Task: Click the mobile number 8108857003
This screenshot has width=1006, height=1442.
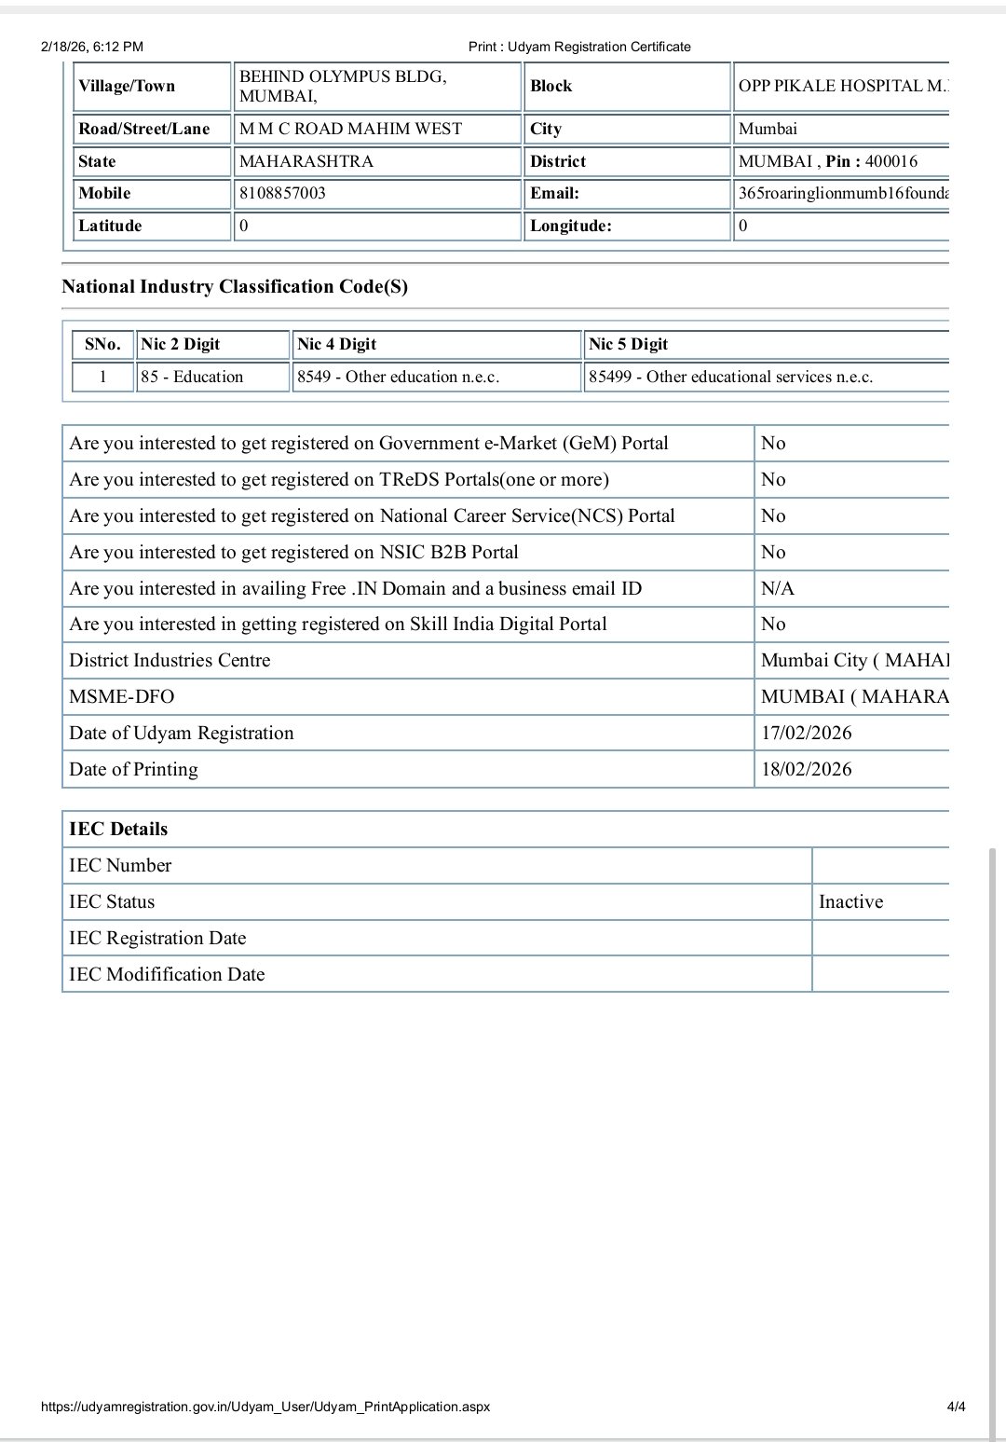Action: pos(282,194)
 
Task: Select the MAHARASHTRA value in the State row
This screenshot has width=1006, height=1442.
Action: pos(306,161)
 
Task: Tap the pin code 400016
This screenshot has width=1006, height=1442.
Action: pos(890,161)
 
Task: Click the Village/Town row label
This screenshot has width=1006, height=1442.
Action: pos(127,86)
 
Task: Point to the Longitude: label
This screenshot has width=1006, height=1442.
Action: pos(570,226)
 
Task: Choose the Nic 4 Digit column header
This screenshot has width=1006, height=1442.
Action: pos(336,344)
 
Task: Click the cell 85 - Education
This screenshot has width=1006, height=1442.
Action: pos(192,377)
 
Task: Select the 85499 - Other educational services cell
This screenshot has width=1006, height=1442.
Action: pos(730,377)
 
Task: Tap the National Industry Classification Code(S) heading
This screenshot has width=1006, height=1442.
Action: pos(235,286)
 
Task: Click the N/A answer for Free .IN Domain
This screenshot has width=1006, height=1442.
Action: pos(778,588)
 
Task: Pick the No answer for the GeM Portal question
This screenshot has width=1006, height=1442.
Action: pos(773,443)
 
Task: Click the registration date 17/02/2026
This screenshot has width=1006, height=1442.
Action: pos(806,733)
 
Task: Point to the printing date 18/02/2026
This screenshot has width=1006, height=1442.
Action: pos(806,769)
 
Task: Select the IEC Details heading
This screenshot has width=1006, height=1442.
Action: pos(118,829)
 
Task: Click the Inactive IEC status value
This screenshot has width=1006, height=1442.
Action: pos(850,901)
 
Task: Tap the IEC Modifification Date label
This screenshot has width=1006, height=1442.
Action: pos(167,974)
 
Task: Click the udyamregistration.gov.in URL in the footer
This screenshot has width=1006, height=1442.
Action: pos(265,1406)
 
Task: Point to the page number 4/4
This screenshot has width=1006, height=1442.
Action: pos(956,1406)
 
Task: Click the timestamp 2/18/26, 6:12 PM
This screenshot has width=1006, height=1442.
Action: pos(92,47)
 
